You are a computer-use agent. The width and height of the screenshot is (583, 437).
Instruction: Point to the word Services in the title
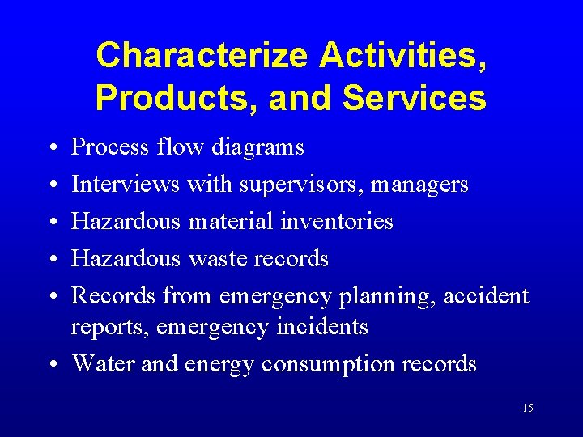coord(415,98)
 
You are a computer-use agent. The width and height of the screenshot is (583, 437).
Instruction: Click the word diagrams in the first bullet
coord(257,147)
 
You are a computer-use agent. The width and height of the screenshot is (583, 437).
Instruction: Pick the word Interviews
coord(126,185)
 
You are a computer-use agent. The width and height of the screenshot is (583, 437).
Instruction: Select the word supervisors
coord(301,185)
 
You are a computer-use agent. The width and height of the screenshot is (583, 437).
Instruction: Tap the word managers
coord(421,185)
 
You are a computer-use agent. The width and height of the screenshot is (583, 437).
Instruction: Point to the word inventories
coord(343,221)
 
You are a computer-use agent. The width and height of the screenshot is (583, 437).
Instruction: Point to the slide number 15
coord(527,408)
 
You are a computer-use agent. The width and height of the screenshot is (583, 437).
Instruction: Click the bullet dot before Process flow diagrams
coord(51,148)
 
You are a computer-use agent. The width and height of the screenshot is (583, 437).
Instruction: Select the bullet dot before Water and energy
coord(51,365)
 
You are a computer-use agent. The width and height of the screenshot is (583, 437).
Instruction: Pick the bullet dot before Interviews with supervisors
coord(51,185)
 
